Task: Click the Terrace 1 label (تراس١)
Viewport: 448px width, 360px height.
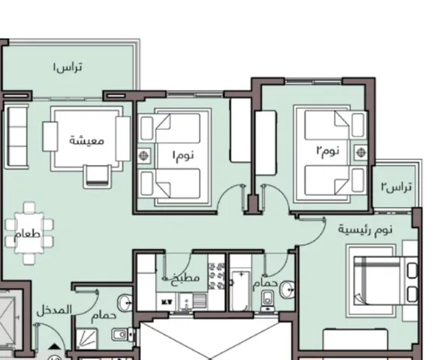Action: tap(68, 67)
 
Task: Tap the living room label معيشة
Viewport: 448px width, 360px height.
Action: tap(86, 140)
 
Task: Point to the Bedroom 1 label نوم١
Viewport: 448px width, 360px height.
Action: tap(183, 155)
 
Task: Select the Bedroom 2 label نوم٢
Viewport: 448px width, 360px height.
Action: tap(327, 151)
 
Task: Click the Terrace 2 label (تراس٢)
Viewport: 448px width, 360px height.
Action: tap(396, 187)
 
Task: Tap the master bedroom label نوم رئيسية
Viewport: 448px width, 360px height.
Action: tap(365, 229)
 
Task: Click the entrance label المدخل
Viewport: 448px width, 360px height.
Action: tap(54, 310)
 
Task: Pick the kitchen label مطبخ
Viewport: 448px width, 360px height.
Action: tap(185, 278)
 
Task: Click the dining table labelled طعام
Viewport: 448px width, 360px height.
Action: tap(29, 233)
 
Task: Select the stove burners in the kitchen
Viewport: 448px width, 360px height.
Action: tap(216, 276)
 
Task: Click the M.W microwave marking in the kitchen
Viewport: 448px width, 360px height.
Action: tap(165, 301)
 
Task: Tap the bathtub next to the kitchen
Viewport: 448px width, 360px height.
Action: tap(241, 291)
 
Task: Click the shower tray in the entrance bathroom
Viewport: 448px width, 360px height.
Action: tap(87, 338)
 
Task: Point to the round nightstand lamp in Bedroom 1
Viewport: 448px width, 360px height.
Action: tap(143, 155)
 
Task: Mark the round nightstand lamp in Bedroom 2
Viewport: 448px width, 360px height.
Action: tap(360, 152)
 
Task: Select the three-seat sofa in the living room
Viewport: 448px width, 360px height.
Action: tap(17, 136)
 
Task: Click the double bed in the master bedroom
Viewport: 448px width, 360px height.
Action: tap(386, 280)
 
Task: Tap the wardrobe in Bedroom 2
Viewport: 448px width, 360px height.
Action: tap(266, 142)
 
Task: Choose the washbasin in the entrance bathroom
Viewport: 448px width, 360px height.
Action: tap(125, 302)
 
